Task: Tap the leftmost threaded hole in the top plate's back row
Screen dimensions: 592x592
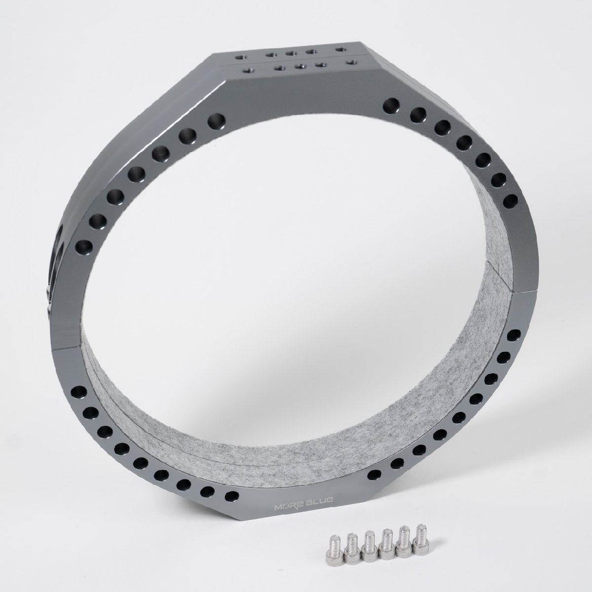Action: [x=239, y=57]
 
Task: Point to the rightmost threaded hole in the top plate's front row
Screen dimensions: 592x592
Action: [x=350, y=62]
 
